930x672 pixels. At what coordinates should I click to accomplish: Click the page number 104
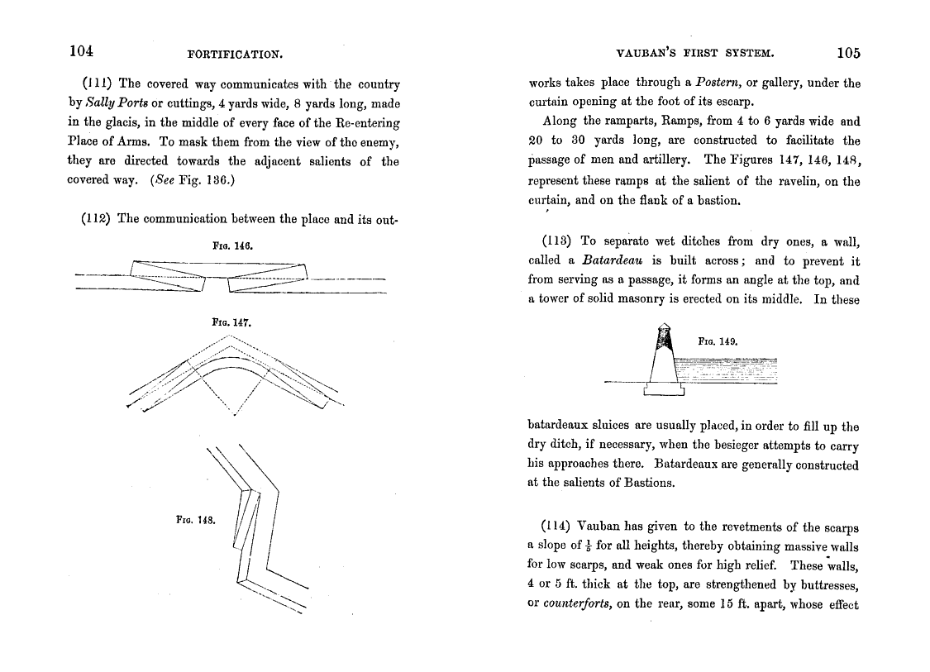tap(80, 52)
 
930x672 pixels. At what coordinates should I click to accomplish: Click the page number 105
tap(847, 54)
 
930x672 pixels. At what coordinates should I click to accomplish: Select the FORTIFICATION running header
tap(236, 55)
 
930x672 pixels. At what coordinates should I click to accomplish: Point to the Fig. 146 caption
tap(231, 245)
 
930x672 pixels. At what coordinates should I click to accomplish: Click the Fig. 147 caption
tap(231, 324)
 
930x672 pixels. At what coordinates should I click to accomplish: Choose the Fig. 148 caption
tap(196, 520)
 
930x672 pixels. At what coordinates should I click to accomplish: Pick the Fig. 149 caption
tap(718, 340)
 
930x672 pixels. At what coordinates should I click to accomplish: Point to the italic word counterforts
tap(576, 604)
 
